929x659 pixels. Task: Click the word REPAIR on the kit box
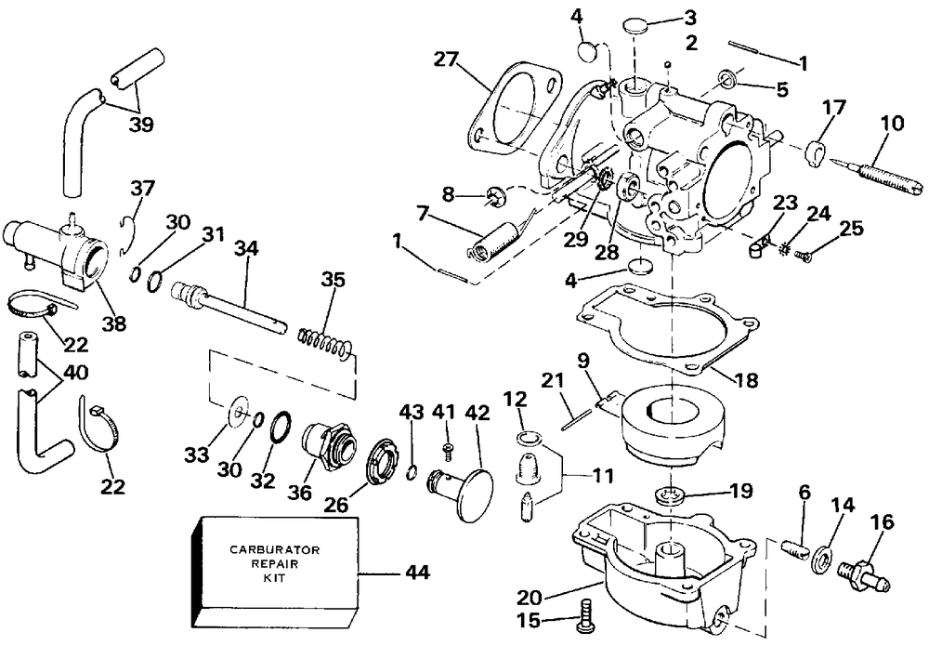point(274,563)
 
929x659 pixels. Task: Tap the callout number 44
point(418,573)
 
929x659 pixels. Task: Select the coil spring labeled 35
point(325,343)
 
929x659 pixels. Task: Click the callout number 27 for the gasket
point(446,60)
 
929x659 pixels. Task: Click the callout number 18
point(746,379)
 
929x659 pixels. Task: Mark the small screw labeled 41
point(448,450)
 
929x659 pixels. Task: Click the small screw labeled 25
point(804,256)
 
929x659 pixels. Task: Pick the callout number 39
point(141,125)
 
